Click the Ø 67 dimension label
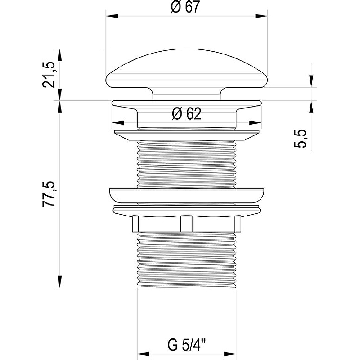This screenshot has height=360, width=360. click(x=185, y=7)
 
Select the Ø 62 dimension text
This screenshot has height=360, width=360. click(x=187, y=114)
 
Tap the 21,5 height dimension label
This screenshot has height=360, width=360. click(x=49, y=75)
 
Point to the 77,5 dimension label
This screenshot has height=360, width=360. click(x=49, y=194)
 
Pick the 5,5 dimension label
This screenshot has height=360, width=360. click(x=300, y=139)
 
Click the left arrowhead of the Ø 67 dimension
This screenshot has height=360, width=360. click(x=112, y=16)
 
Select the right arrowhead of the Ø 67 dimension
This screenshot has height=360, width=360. click(x=261, y=16)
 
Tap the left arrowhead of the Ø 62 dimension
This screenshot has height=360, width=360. click(x=118, y=123)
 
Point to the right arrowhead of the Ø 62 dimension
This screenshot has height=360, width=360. click(x=255, y=123)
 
